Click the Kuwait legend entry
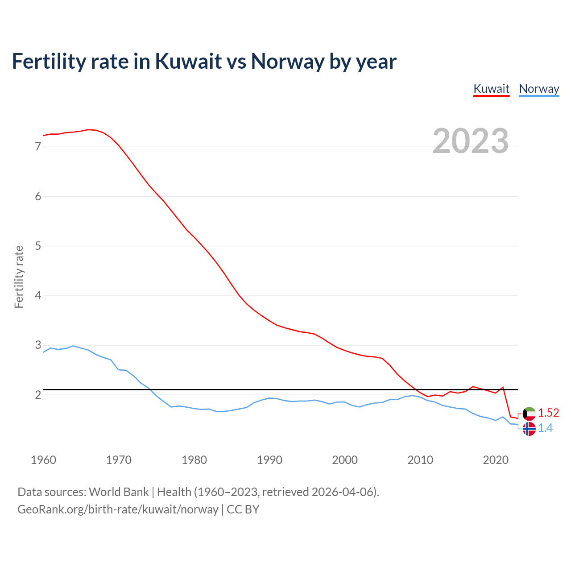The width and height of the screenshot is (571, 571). (x=491, y=89)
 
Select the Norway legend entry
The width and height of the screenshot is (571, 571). (x=539, y=89)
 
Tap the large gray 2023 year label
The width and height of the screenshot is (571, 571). (x=471, y=141)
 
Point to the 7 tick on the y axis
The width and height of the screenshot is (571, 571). (x=38, y=146)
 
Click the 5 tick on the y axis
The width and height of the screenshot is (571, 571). (x=38, y=246)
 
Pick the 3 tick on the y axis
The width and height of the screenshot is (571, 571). (x=38, y=345)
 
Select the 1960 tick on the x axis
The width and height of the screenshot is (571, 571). (x=43, y=460)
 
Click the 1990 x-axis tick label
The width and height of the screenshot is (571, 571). (x=269, y=460)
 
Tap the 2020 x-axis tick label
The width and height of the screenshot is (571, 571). (x=496, y=460)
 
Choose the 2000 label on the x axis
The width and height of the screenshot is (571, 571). (x=345, y=460)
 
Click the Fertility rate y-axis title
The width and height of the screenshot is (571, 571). (x=19, y=277)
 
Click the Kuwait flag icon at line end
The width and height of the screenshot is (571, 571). (x=529, y=414)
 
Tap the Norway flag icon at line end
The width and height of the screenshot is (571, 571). (x=529, y=429)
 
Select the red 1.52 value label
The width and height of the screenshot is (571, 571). (x=548, y=413)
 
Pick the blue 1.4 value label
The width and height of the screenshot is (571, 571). (x=545, y=428)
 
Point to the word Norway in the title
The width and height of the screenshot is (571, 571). (x=287, y=61)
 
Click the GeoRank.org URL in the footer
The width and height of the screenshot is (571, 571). (x=118, y=509)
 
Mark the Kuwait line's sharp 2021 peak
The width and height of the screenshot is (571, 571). (x=503, y=387)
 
